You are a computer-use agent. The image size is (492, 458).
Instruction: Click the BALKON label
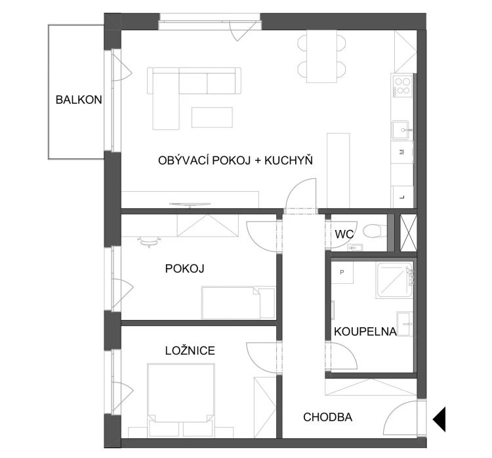click(x=79, y=100)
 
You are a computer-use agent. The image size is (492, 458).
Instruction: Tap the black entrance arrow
click(x=440, y=419)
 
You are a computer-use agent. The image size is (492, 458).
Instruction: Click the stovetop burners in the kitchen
click(x=402, y=85)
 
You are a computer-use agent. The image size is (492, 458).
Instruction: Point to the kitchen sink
click(x=400, y=129)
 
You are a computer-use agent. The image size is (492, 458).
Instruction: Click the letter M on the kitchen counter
click(x=401, y=152)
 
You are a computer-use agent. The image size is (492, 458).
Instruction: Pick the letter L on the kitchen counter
click(x=402, y=197)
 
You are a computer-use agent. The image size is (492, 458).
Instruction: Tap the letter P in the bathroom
click(x=342, y=272)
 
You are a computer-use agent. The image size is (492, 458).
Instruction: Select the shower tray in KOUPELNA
click(x=394, y=280)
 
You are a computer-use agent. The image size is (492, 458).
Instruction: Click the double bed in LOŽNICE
click(x=181, y=400)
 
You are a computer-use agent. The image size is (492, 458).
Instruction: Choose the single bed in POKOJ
click(x=239, y=302)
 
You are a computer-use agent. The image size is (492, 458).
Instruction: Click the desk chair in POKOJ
click(x=149, y=242)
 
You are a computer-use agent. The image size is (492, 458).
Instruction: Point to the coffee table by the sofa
click(x=212, y=117)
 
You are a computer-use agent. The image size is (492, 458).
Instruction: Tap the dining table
click(x=321, y=56)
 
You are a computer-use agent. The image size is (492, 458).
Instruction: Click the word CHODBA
click(x=327, y=417)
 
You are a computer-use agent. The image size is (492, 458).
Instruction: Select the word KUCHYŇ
click(x=289, y=160)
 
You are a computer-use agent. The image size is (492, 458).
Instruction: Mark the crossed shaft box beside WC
click(x=409, y=233)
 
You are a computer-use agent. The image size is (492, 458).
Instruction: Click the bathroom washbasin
click(x=405, y=323)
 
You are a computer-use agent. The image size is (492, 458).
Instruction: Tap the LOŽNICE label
click(x=190, y=350)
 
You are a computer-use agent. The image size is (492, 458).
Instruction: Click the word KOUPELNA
click(x=365, y=332)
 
